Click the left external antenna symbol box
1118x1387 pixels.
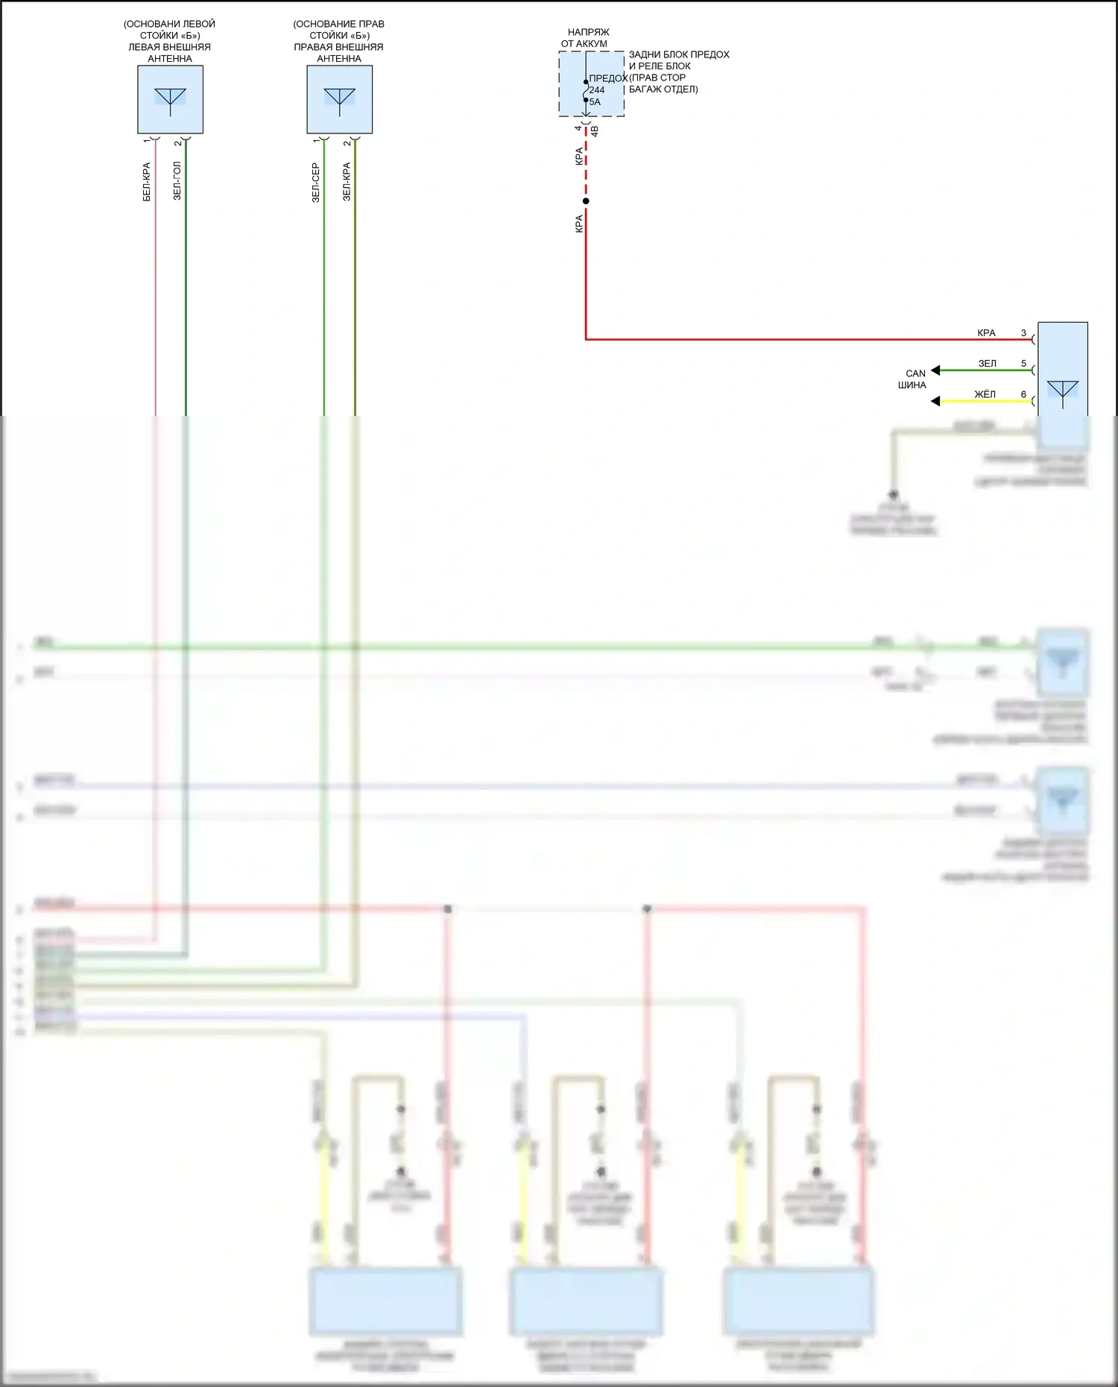[170, 100]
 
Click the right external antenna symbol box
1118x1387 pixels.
[339, 100]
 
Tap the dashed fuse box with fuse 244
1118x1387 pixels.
[591, 84]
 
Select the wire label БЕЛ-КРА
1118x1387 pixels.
[147, 182]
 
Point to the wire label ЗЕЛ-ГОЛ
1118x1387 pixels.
[177, 181]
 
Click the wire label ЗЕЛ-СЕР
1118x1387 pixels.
[316, 183]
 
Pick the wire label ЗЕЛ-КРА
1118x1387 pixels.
[347, 182]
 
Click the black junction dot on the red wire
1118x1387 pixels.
[586, 201]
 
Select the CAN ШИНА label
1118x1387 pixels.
[913, 379]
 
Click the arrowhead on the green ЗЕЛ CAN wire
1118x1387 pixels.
[935, 370]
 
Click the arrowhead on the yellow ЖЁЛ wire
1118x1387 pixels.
[935, 402]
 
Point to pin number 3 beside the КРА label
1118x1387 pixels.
[1023, 333]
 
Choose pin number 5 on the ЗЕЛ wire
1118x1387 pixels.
[1023, 364]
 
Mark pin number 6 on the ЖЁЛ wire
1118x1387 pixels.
[1023, 394]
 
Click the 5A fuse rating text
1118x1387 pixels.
[595, 102]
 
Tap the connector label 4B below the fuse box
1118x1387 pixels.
[595, 131]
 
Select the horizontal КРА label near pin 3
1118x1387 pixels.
[986, 333]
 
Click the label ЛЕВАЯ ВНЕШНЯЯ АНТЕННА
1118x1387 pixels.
[170, 53]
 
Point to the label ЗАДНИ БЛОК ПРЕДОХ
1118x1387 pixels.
[679, 54]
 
